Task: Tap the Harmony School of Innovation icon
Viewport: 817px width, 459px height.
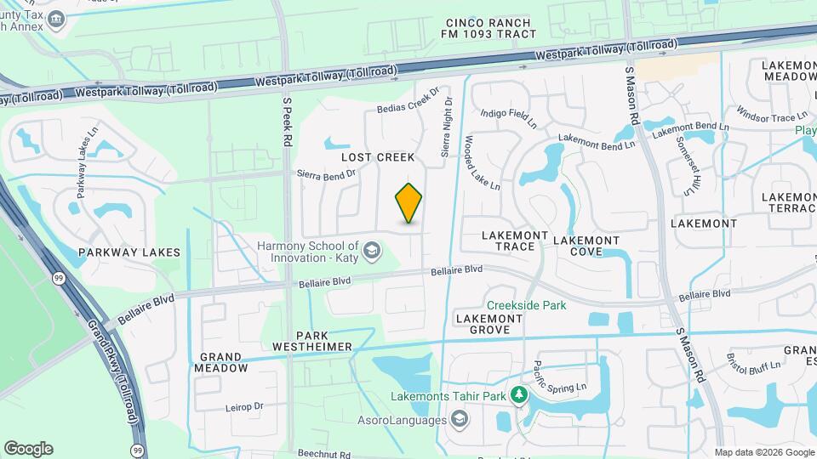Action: coord(371,251)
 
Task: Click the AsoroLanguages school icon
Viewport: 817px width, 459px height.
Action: coord(460,419)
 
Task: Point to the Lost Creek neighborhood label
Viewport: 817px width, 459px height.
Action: coord(378,157)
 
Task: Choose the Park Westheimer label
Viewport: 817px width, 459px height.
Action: coord(311,341)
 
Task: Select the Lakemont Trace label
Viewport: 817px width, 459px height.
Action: coord(508,241)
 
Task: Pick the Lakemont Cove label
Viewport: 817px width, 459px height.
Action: coord(586,246)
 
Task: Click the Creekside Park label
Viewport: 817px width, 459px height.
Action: coord(527,305)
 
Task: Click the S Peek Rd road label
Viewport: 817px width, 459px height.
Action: coord(287,118)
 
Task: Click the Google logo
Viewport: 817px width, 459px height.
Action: coord(29,449)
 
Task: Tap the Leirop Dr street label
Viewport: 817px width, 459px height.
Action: coord(247,407)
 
